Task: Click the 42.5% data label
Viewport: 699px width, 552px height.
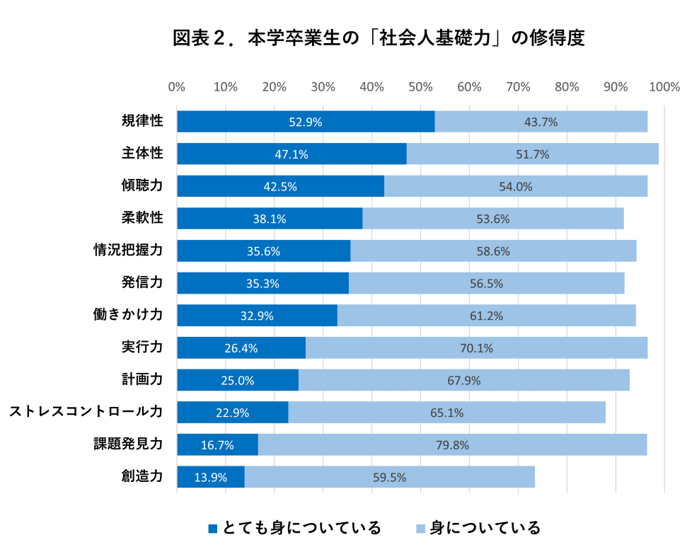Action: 280,187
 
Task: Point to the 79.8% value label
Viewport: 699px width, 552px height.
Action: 453,445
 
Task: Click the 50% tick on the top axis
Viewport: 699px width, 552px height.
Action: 420,87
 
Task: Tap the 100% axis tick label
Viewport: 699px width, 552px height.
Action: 664,87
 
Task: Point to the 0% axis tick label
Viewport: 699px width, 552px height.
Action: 177,87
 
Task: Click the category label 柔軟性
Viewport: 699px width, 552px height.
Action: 142,217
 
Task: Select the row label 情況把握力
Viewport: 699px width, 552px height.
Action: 128,250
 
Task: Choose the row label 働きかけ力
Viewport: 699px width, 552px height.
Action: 128,314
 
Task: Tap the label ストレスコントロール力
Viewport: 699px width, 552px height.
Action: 86,411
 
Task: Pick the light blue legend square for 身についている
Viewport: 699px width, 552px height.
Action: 420,529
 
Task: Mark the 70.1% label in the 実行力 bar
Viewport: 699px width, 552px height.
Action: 476,348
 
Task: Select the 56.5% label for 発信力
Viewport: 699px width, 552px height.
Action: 486,284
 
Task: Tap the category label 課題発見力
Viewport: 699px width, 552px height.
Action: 128,444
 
